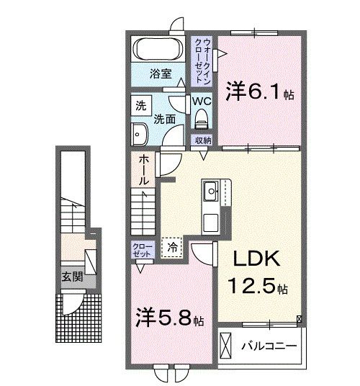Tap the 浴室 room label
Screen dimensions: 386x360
(x=160, y=73)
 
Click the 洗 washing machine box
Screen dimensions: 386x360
(x=140, y=105)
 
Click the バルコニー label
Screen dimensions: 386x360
(x=268, y=346)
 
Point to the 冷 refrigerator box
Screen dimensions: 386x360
(x=172, y=246)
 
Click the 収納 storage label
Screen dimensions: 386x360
(x=201, y=140)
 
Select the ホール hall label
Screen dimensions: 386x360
(x=144, y=169)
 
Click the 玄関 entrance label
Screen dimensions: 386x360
(x=68, y=277)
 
